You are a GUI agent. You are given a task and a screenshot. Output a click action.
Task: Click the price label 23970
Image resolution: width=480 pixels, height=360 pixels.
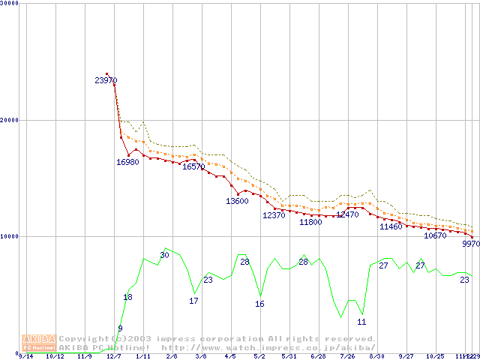tap(106, 80)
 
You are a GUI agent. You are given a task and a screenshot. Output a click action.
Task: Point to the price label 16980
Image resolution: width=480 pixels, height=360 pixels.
tap(127, 162)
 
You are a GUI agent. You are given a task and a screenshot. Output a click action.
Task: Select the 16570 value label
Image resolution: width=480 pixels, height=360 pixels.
tap(193, 166)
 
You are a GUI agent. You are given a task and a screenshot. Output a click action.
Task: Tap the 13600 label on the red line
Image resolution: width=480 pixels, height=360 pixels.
tap(237, 201)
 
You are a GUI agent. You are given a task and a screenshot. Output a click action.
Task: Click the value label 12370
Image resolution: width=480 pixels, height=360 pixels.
tap(274, 215)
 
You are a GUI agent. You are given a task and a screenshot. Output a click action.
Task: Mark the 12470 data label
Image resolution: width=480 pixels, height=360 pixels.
tap(347, 214)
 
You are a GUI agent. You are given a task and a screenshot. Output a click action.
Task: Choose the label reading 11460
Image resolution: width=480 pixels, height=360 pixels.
tap(391, 226)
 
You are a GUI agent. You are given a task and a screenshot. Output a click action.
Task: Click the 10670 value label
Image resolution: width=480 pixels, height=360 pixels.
tap(435, 235)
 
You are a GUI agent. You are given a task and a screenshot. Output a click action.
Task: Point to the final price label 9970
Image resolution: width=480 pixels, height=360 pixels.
tap(470, 244)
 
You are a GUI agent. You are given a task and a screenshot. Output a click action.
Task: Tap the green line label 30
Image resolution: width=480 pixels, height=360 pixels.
tap(164, 256)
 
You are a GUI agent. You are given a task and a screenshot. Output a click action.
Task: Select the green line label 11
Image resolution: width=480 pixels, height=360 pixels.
tap(361, 322)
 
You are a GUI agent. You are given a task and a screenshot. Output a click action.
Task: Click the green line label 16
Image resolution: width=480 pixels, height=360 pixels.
tap(259, 304)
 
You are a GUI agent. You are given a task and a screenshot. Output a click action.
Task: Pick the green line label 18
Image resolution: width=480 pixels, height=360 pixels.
tap(127, 298)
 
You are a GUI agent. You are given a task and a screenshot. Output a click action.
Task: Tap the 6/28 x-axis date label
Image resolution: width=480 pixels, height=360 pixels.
tap(318, 357)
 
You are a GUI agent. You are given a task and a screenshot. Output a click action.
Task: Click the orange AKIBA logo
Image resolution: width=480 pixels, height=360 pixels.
tap(39, 343)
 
